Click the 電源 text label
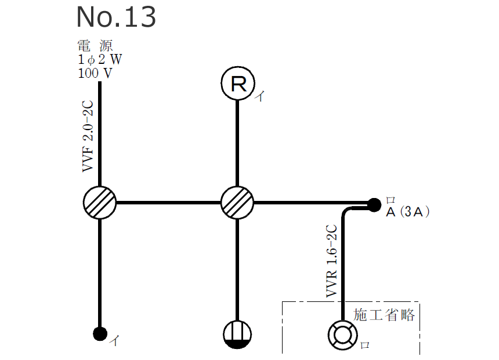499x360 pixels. pyautogui.click(x=99, y=46)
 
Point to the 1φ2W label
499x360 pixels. pyautogui.click(x=100, y=60)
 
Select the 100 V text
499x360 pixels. pyautogui.click(x=95, y=73)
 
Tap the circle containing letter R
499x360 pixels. pyautogui.click(x=237, y=84)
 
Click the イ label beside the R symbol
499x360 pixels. pyautogui.click(x=261, y=98)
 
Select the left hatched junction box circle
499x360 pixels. pyautogui.click(x=100, y=203)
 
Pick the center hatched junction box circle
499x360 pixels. pyautogui.click(x=237, y=203)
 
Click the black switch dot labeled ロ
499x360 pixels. pyautogui.click(x=373, y=204)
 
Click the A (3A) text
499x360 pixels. pyautogui.click(x=408, y=213)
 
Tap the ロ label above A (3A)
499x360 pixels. pyautogui.click(x=390, y=199)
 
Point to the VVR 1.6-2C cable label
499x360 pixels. pyautogui.click(x=332, y=261)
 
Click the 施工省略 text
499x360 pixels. pyautogui.click(x=384, y=315)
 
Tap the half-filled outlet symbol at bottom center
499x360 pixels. pyautogui.click(x=237, y=335)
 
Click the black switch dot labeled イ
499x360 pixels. pyautogui.click(x=100, y=333)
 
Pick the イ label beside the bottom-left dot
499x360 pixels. pyautogui.click(x=115, y=341)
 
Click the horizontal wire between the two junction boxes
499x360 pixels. pyautogui.click(x=168, y=203)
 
